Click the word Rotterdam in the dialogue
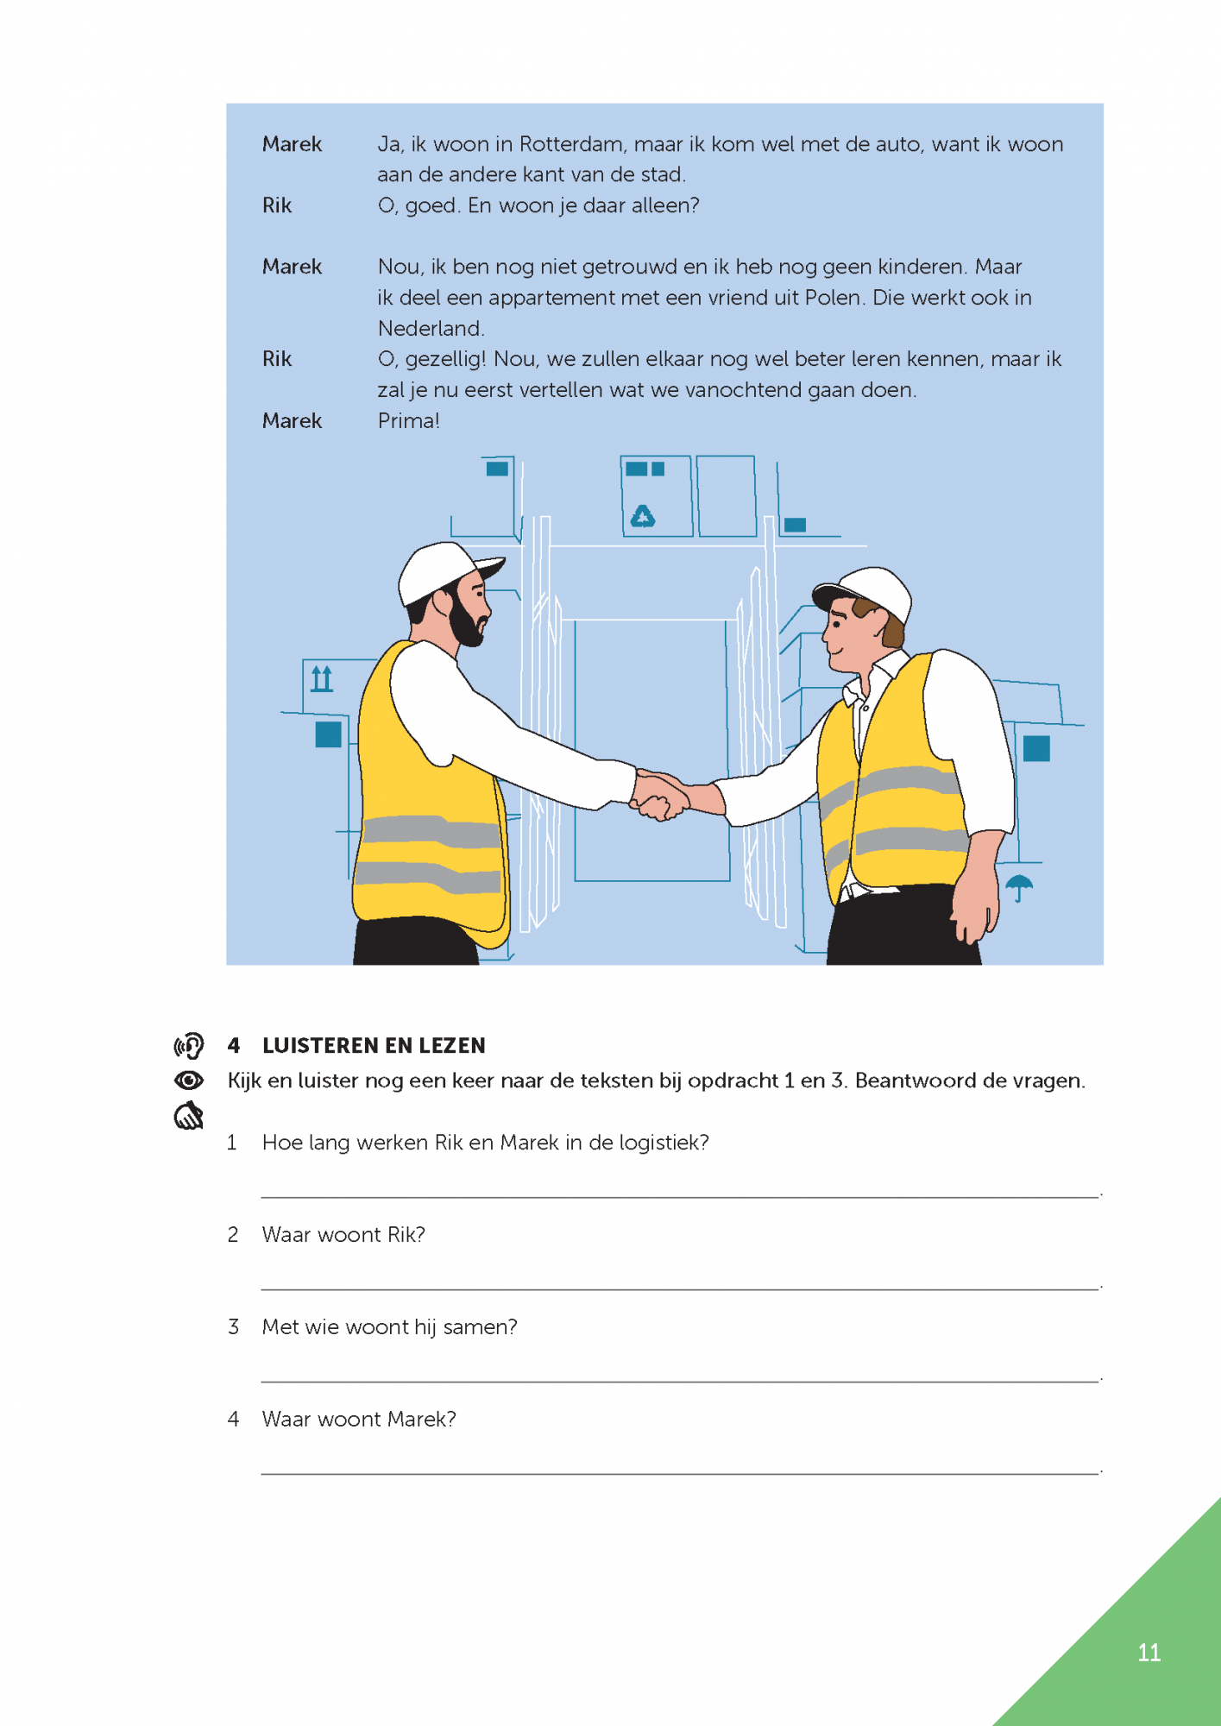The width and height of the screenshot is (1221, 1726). point(571,144)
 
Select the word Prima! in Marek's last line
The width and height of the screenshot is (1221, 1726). point(409,421)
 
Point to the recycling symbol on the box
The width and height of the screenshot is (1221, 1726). point(643,516)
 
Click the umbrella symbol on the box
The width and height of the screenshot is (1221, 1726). point(1019,885)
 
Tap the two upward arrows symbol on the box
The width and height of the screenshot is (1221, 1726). point(322,678)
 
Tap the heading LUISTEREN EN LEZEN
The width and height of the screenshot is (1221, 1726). point(374,1046)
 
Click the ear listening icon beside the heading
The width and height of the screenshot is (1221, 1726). point(189,1046)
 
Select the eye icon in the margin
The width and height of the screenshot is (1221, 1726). point(189,1080)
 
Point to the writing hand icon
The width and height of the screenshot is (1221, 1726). point(189,1116)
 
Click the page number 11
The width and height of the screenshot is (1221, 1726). point(1149,1653)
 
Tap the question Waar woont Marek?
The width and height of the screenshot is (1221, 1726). point(359,1420)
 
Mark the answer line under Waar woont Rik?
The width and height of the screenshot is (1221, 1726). point(679,1288)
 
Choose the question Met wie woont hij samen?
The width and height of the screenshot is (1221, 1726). point(389,1327)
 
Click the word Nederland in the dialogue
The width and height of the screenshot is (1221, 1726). point(431,329)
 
